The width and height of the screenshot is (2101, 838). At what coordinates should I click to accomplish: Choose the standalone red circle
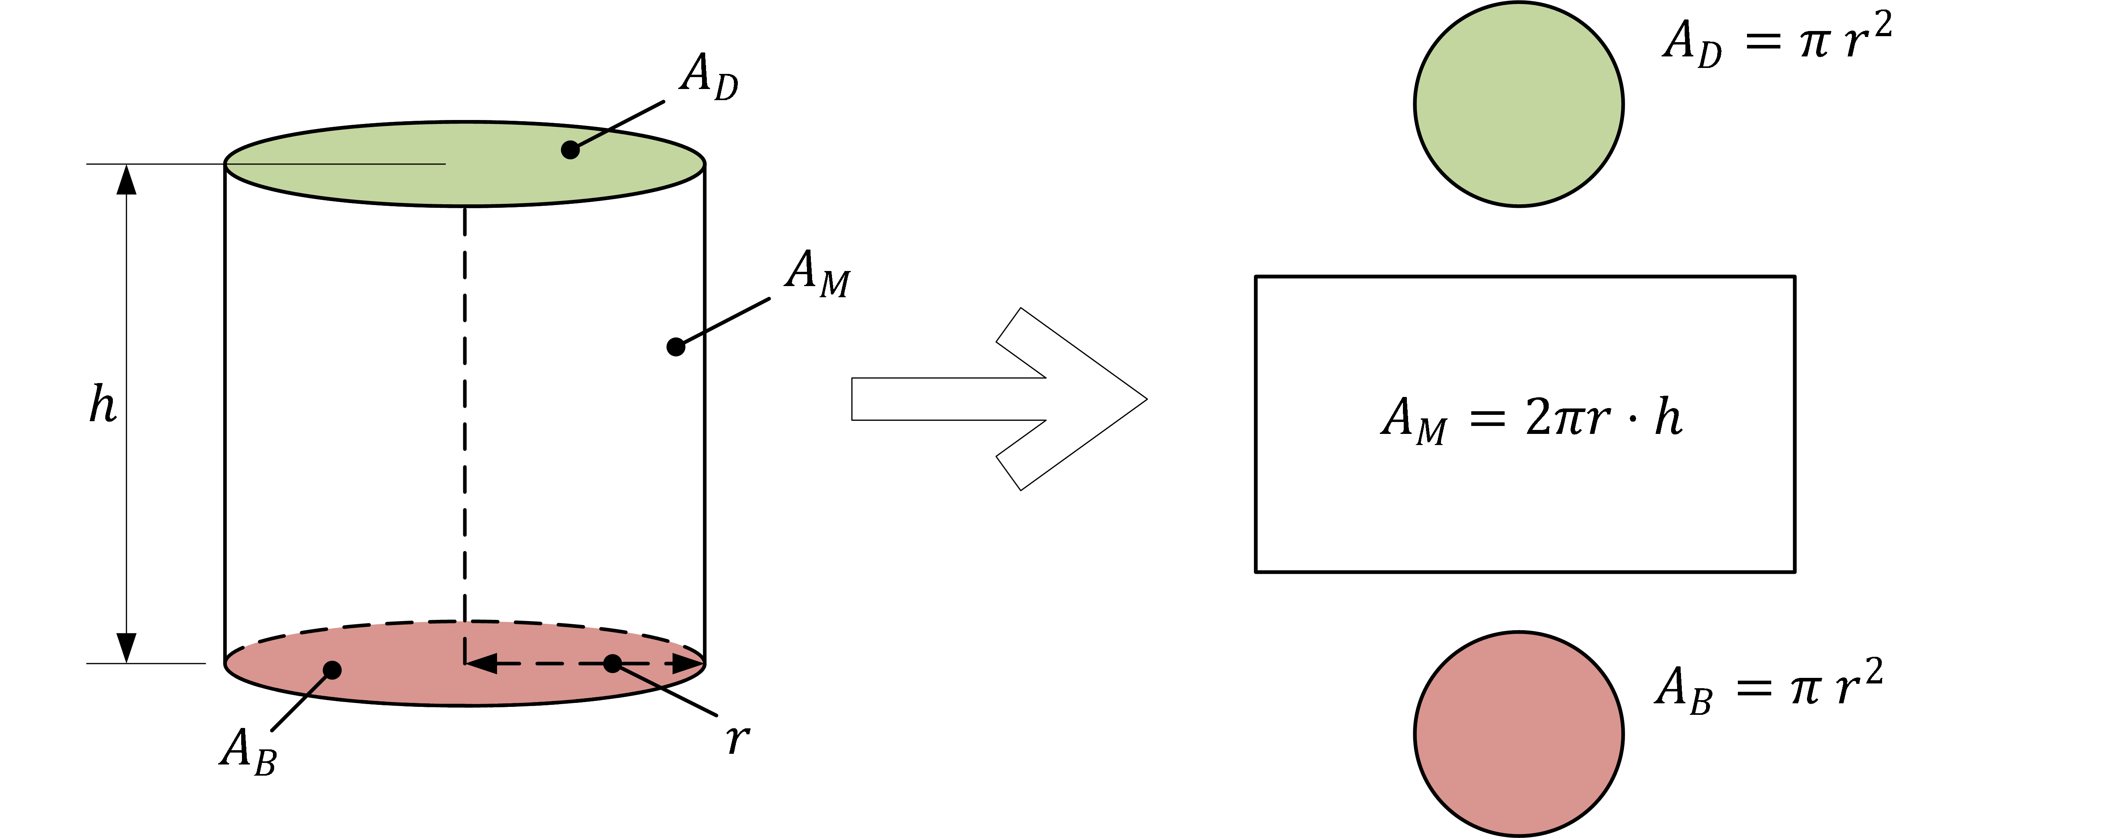[x=1519, y=733]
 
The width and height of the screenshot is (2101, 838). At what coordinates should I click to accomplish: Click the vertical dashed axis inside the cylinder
[x=465, y=408]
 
